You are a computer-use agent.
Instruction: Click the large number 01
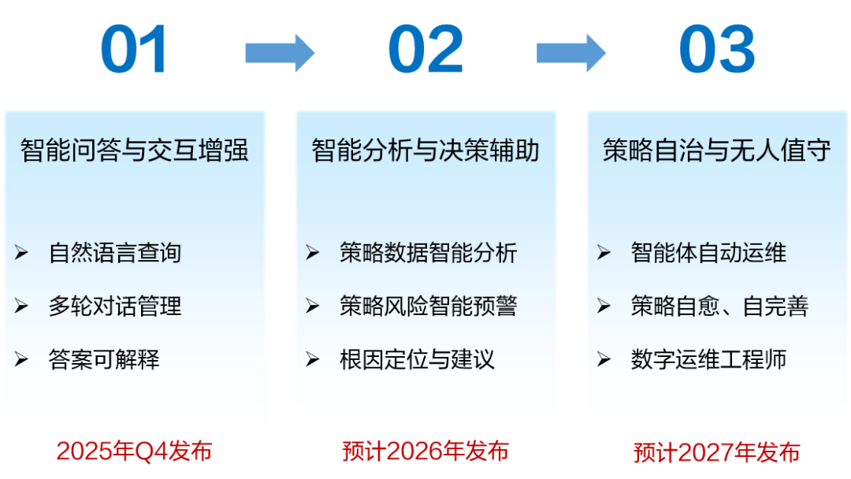[133, 50]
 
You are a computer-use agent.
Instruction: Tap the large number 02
[425, 50]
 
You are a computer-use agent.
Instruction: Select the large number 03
[717, 50]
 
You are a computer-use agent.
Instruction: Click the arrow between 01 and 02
[280, 53]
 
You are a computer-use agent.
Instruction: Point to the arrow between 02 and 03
[571, 53]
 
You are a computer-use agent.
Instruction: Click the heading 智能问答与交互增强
[134, 150]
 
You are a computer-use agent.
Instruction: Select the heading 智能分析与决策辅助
[425, 150]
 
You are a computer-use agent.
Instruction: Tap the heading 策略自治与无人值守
[716, 150]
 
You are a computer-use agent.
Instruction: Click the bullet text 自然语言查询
[115, 253]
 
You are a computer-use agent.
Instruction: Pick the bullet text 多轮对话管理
[115, 306]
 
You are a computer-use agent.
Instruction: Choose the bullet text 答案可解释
[104, 359]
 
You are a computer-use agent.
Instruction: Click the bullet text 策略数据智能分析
[428, 253]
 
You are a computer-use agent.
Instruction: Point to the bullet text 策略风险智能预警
[428, 306]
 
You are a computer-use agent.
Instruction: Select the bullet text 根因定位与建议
[418, 359]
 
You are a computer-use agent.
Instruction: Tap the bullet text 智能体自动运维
[708, 253]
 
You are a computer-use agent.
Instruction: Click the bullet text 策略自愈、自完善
[719, 306]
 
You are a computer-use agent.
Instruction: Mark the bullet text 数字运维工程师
[708, 359]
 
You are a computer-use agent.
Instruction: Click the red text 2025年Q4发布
[134, 451]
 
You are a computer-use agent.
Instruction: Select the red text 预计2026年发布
[425, 451]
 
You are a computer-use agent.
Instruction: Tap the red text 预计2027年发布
[716, 452]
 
